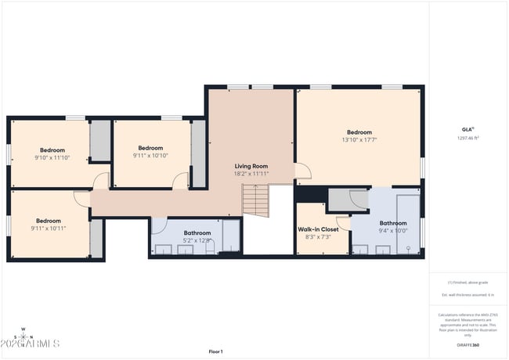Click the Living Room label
click(251, 166)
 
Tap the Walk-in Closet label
click(318, 229)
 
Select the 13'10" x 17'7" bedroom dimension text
click(359, 140)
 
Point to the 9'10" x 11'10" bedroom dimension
click(52, 157)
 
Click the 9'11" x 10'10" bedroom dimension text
click(150, 155)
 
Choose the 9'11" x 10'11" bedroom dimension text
click(49, 229)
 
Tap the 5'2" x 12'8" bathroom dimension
click(197, 240)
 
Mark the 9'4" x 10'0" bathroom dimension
click(393, 231)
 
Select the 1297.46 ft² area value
click(467, 138)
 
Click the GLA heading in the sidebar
click(467, 129)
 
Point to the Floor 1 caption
click(215, 351)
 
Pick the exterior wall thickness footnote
click(467, 294)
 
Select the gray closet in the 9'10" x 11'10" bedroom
click(100, 141)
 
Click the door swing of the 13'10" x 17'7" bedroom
click(302, 170)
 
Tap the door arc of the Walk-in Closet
click(343, 223)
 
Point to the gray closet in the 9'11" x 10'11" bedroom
click(97, 239)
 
